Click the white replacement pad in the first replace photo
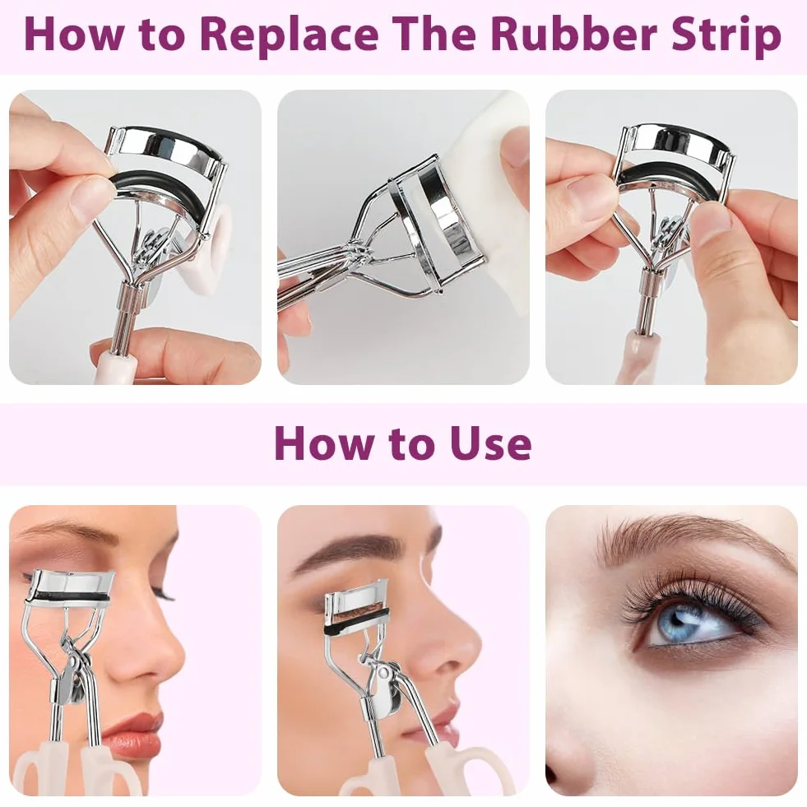(216, 247)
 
